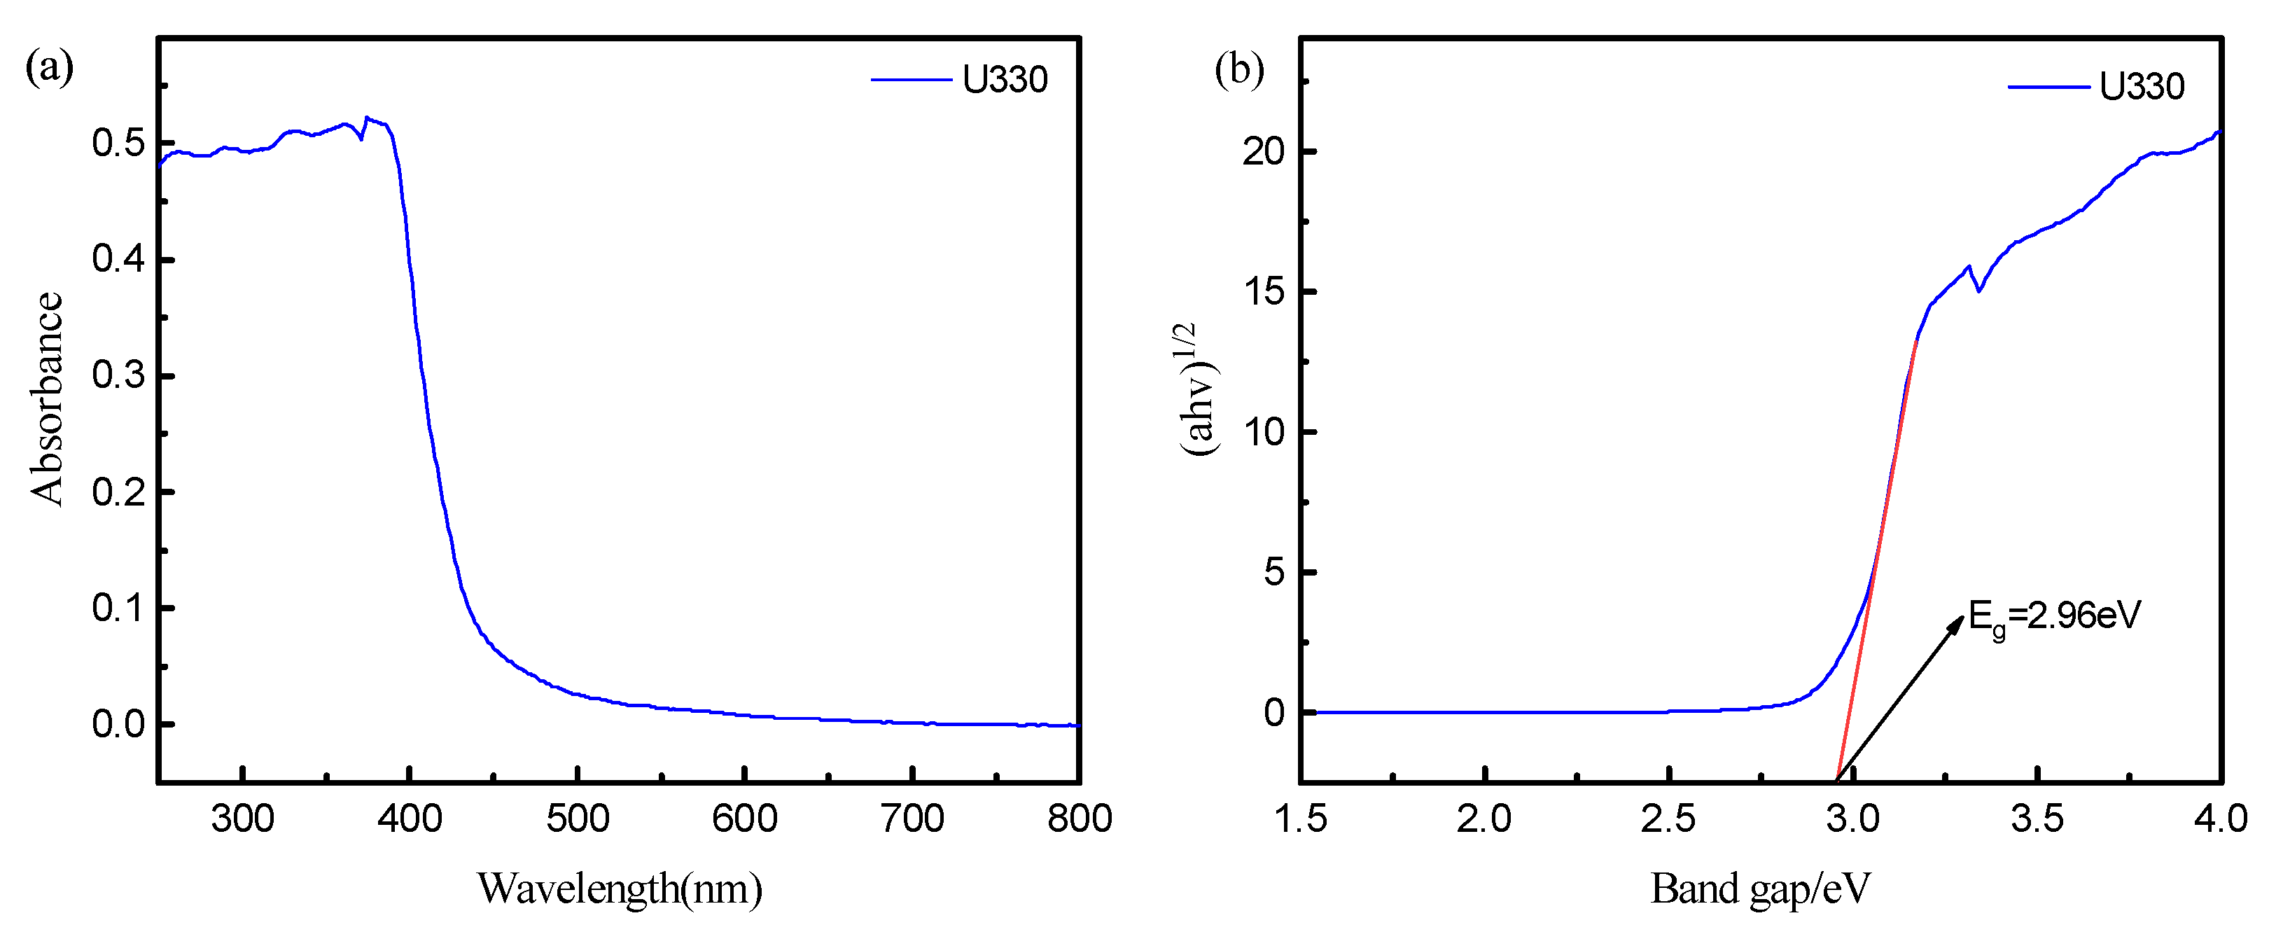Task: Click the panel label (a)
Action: (50, 67)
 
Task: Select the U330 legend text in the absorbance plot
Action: (1005, 81)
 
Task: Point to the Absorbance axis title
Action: (47, 398)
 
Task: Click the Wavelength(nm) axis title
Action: (620, 888)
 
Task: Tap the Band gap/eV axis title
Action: (1760, 888)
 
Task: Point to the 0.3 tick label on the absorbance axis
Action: (118, 375)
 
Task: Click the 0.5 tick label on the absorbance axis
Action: (118, 143)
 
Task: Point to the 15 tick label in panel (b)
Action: (1264, 291)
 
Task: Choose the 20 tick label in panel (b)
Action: (1264, 152)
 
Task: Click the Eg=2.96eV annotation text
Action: (2055, 615)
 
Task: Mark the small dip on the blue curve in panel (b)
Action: (1979, 290)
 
